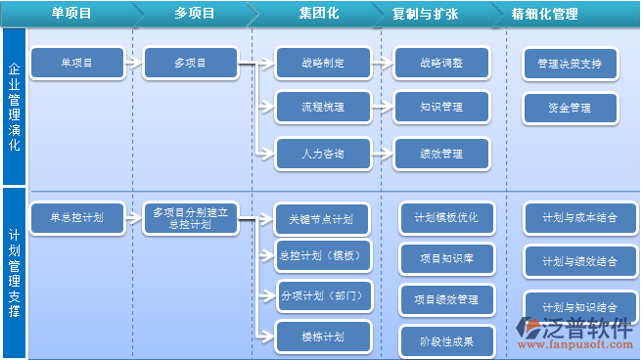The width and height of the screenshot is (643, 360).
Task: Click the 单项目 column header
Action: tap(71, 15)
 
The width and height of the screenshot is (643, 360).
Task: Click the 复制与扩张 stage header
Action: tap(424, 15)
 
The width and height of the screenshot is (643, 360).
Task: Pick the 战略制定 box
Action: tap(323, 64)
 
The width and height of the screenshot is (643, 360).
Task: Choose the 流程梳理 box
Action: tap(323, 107)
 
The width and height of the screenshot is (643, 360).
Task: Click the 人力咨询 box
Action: tap(323, 153)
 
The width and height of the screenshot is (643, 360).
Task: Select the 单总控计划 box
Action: tap(78, 218)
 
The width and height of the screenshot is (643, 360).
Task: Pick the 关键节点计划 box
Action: tap(323, 218)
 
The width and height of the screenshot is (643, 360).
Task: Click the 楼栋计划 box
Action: tap(323, 337)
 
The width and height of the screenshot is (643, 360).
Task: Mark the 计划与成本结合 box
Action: tap(579, 218)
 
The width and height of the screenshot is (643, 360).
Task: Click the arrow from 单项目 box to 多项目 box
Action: tap(131, 64)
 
